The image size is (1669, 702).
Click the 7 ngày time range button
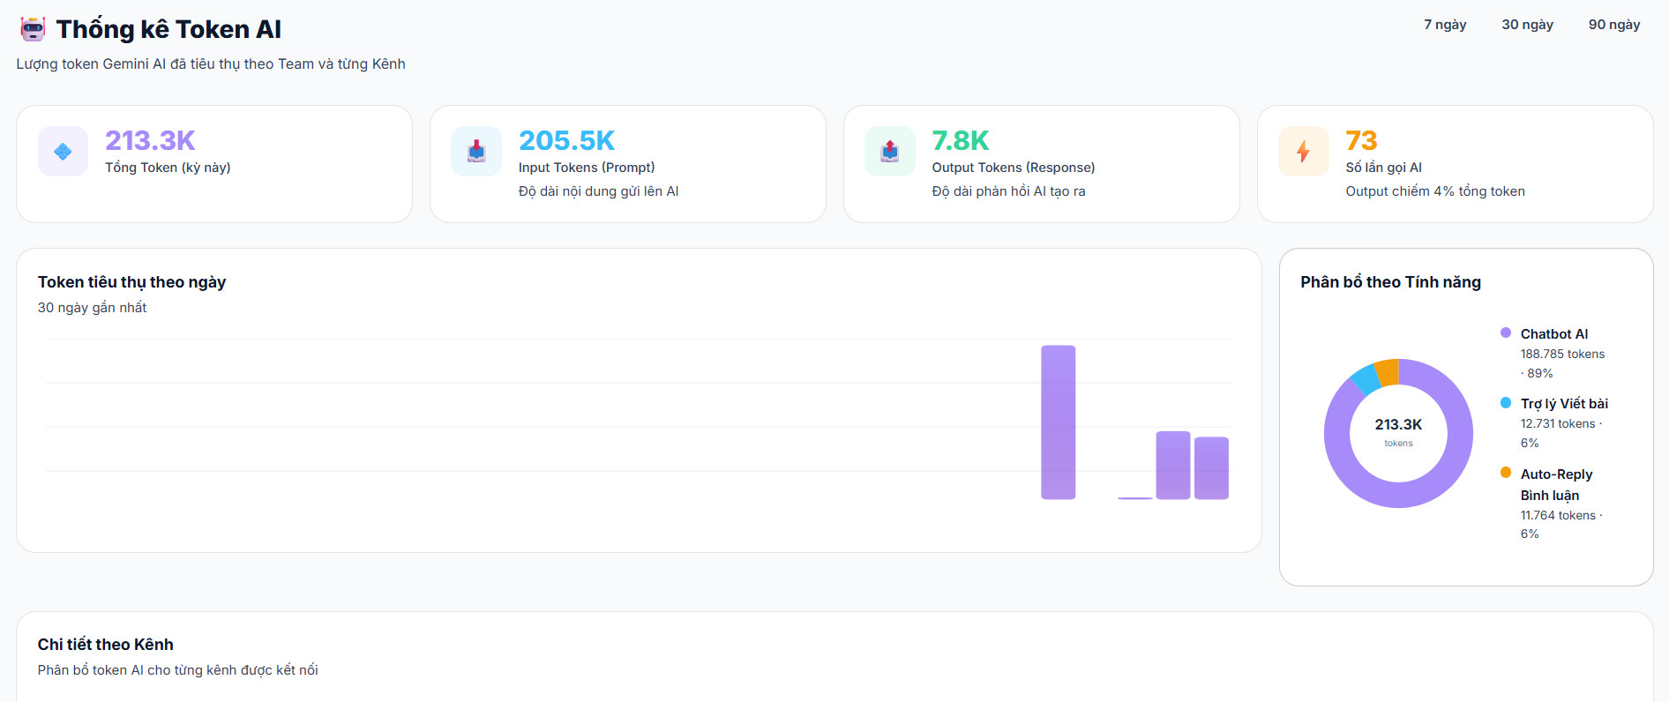coord(1445,25)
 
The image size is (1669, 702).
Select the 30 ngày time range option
coord(1527,25)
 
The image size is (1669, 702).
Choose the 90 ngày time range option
coord(1614,25)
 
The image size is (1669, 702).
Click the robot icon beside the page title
coord(33,29)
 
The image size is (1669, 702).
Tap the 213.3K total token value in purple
coord(150,140)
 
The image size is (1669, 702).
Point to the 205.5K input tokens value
coord(566,140)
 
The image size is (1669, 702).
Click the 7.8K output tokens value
coord(961,140)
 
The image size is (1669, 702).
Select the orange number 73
coord(1361,140)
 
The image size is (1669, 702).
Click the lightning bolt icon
coord(1303,152)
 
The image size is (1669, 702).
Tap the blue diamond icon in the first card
coord(63,152)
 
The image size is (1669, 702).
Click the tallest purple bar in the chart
coord(1058,422)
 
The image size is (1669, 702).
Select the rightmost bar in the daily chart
coord(1211,468)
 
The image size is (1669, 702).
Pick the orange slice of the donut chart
coord(1388,372)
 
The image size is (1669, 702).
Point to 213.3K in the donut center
coord(1398,424)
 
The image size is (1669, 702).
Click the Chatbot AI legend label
coord(1553,333)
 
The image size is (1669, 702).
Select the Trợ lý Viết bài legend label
coord(1564,403)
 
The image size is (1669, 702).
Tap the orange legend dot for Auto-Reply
coord(1506,473)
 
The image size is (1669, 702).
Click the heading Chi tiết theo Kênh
coord(106,644)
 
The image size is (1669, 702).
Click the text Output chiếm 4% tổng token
coord(1435,191)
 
